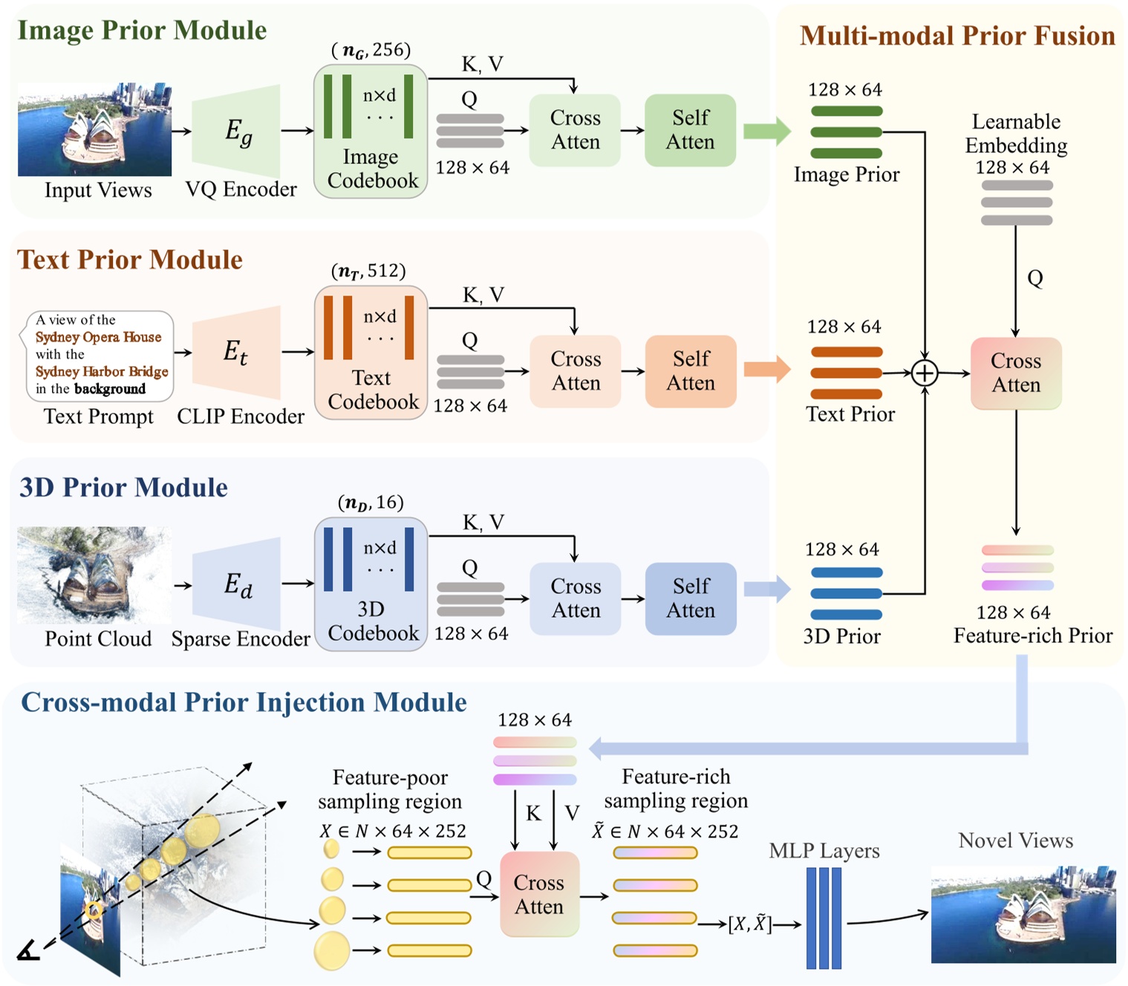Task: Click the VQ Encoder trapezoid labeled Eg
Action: tap(237, 131)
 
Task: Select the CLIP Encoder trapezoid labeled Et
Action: tap(237, 352)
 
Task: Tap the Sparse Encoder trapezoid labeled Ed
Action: tap(237, 584)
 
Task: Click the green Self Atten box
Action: tap(690, 130)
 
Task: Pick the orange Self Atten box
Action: tap(690, 371)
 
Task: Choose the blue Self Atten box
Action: tap(690, 598)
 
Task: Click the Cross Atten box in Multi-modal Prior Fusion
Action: tap(1016, 373)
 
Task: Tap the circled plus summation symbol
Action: tap(925, 373)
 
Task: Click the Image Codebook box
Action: tap(371, 131)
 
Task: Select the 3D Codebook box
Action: tap(371, 584)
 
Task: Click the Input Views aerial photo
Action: tap(94, 130)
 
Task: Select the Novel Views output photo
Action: tap(1023, 914)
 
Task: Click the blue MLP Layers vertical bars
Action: tap(824, 918)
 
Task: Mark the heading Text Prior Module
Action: tap(130, 260)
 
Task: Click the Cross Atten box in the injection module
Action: tap(539, 895)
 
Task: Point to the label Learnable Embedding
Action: tap(1016, 134)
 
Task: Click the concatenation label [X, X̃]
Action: tap(749, 924)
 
